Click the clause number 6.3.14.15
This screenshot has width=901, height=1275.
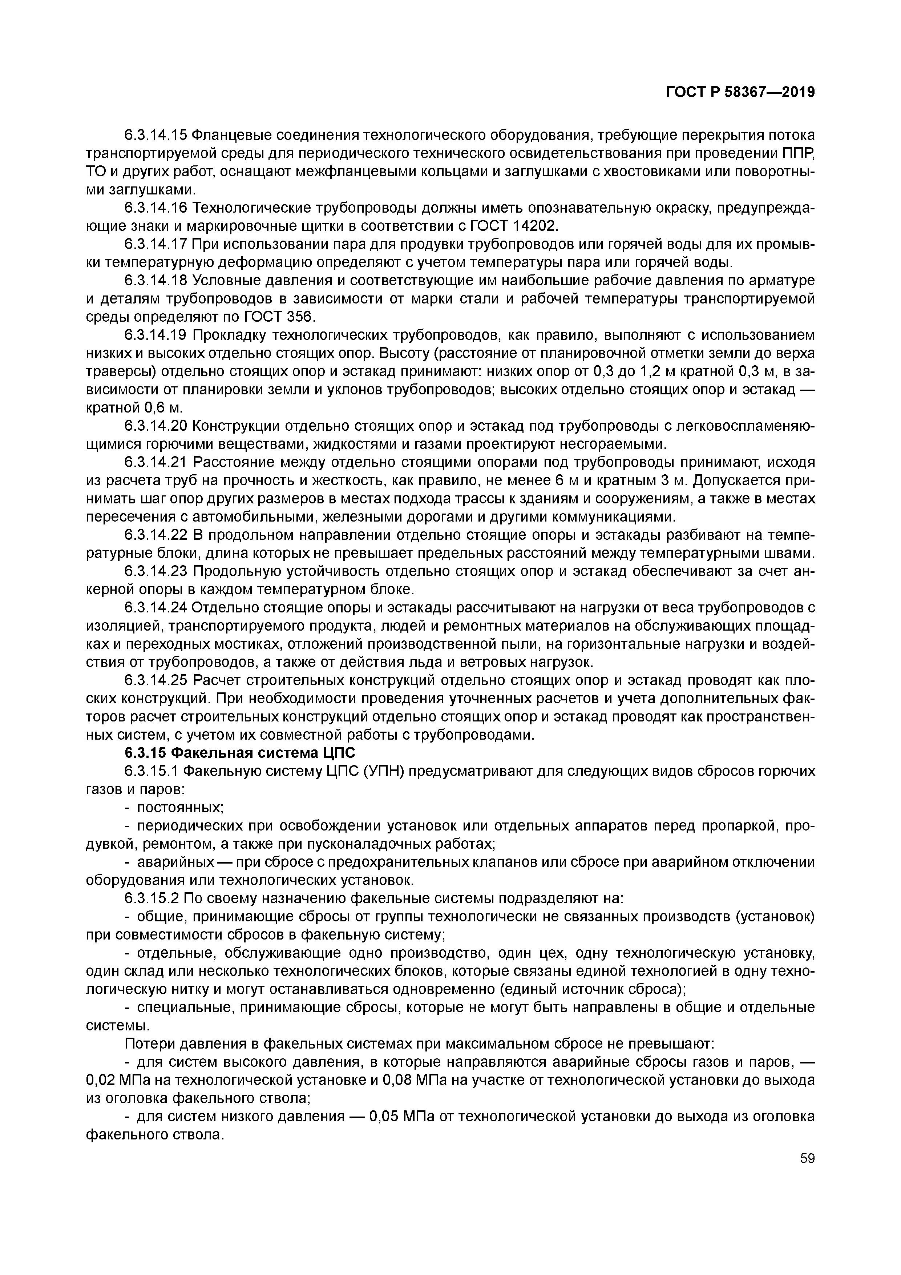tap(155, 135)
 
